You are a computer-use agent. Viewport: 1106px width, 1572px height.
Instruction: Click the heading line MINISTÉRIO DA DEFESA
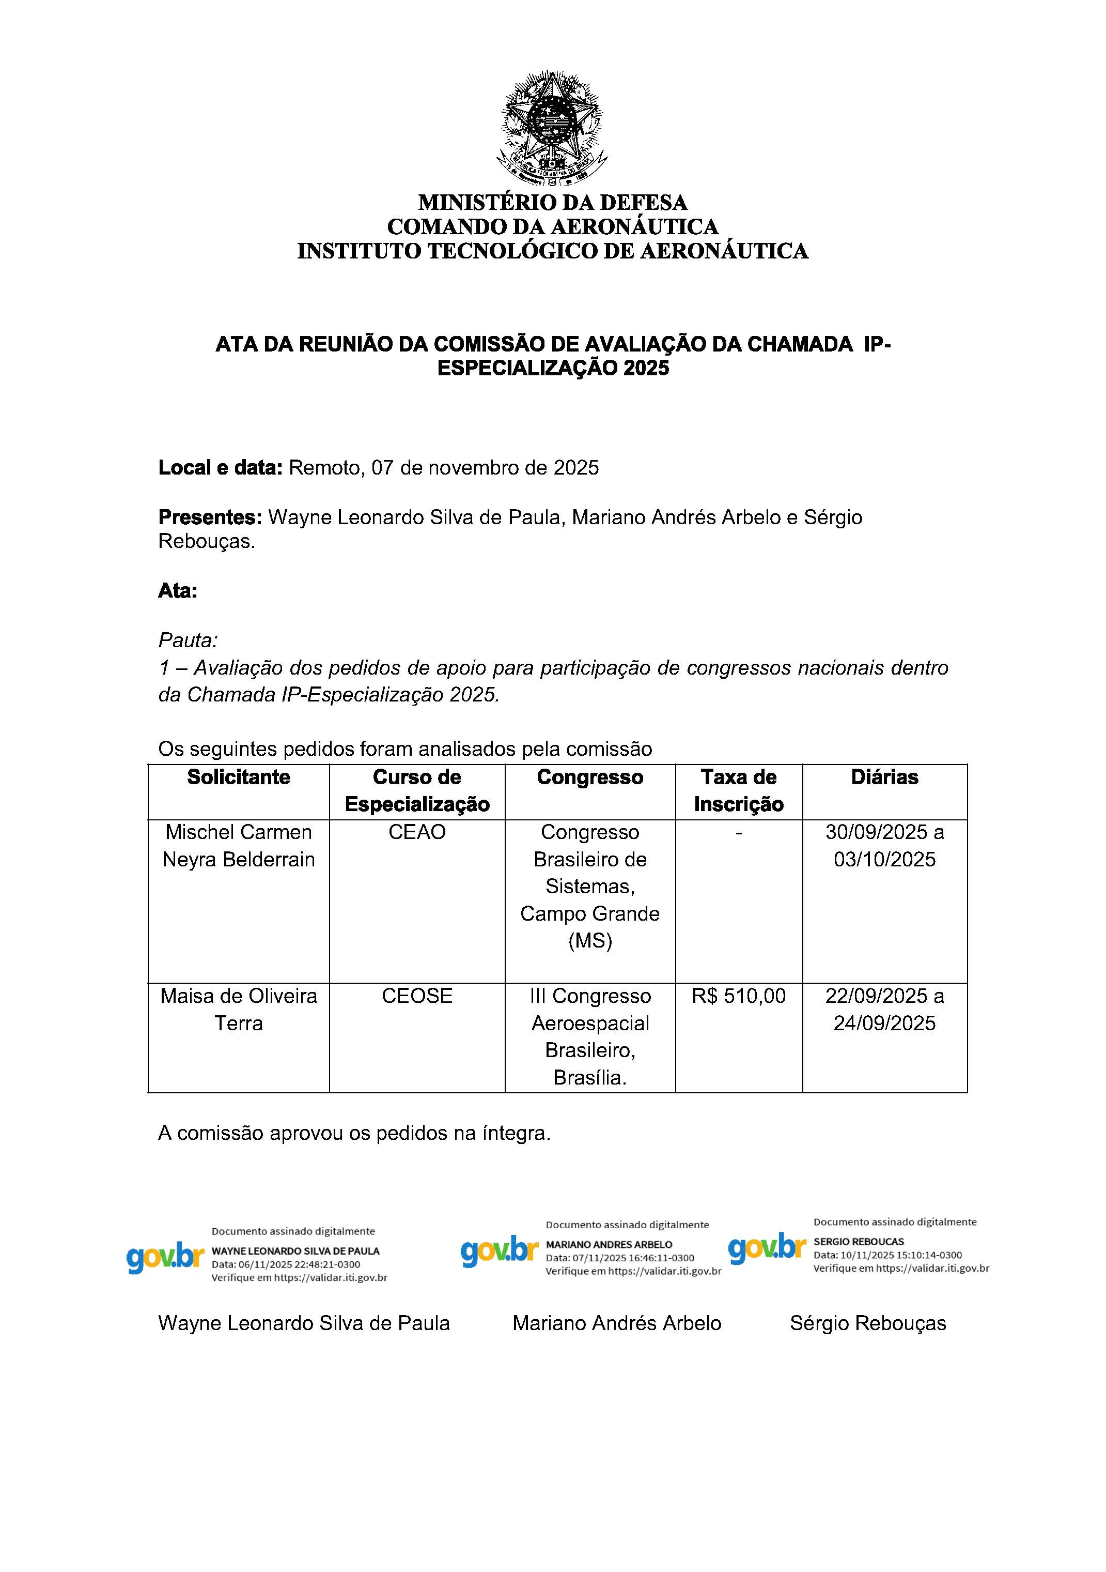tap(552, 203)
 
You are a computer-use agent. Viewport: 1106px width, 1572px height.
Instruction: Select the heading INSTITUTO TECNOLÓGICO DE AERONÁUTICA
tap(552, 251)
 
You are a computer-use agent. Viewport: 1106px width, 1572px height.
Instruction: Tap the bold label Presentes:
tap(210, 517)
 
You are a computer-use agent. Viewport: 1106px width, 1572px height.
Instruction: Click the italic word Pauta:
tap(188, 640)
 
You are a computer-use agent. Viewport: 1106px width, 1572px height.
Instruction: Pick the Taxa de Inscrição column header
tap(739, 791)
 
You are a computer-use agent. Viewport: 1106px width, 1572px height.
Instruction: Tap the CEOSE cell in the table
tap(417, 996)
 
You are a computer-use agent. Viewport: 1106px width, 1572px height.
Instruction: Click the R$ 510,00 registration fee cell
tap(739, 996)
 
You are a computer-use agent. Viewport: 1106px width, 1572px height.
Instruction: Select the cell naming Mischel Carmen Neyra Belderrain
tap(238, 846)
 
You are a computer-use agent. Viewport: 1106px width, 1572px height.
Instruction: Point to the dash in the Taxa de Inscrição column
tap(739, 832)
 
